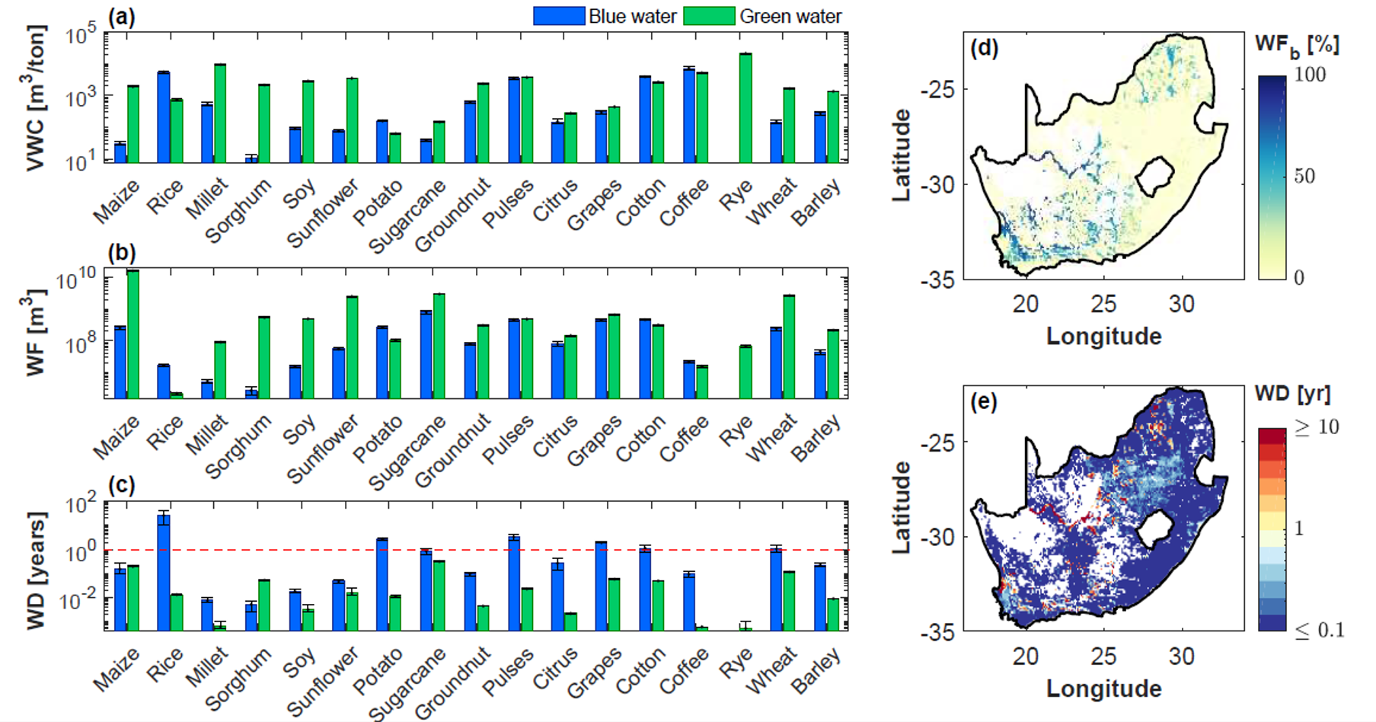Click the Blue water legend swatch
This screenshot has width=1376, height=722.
[560, 16]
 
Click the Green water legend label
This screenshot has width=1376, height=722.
[790, 17]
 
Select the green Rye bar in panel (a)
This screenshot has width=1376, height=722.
[745, 107]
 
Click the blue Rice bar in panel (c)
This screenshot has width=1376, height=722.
[164, 572]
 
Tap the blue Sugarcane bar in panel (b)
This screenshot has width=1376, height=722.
[426, 354]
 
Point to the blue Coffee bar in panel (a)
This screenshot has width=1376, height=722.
[689, 114]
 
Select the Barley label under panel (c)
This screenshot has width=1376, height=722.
[816, 670]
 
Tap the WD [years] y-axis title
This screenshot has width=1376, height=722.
[35, 570]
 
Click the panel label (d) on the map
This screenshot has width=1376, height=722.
[984, 49]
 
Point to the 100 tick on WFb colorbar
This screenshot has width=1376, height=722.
[1310, 75]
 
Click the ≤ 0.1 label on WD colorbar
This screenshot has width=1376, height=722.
[1320, 630]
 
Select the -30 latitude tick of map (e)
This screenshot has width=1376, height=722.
[938, 537]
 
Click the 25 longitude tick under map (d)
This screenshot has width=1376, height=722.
[1103, 304]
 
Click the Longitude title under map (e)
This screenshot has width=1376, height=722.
[1103, 688]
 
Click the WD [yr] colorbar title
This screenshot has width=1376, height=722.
[1292, 394]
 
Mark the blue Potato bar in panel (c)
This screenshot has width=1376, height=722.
[382, 584]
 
